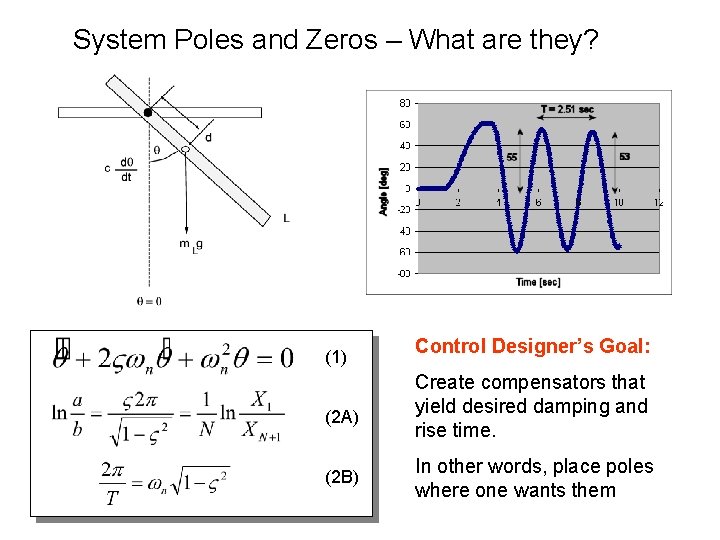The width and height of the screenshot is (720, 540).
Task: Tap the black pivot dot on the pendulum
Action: [148, 112]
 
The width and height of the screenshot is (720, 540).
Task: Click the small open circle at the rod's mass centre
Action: [184, 149]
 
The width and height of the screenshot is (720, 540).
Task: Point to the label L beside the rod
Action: [287, 217]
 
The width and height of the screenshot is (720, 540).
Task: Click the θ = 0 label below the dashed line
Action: [148, 300]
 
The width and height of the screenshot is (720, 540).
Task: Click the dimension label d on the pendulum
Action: [208, 137]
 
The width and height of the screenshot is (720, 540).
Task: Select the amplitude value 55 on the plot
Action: [512, 157]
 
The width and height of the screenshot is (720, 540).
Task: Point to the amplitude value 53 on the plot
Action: [624, 157]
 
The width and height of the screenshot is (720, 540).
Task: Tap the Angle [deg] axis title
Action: [383, 191]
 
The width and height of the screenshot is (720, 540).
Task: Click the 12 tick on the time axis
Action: [658, 203]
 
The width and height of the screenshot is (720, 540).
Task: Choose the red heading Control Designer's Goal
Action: [533, 347]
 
